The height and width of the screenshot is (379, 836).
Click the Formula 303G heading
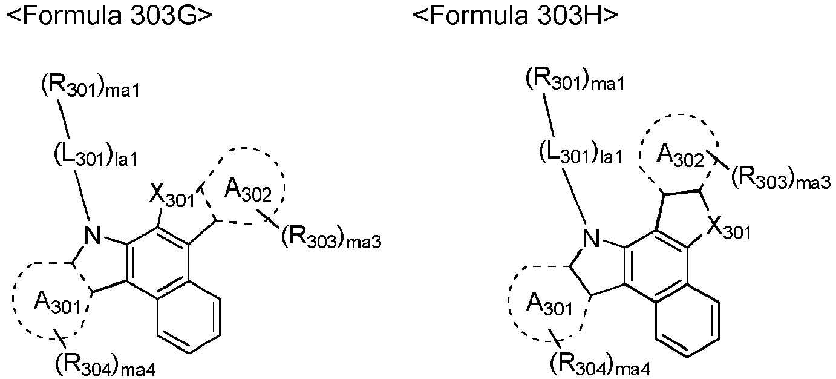point(109,16)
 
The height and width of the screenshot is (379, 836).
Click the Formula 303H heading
point(515,16)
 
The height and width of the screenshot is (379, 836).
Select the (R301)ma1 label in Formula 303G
point(90,88)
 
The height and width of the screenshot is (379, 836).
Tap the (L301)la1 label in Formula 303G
point(96,157)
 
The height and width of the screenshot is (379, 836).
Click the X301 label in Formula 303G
point(172,196)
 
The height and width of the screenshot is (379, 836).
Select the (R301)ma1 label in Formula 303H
point(575,80)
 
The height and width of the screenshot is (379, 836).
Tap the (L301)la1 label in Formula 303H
point(581,154)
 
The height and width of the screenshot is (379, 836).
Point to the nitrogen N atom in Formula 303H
point(591,238)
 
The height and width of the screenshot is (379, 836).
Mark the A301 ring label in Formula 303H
point(549,306)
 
